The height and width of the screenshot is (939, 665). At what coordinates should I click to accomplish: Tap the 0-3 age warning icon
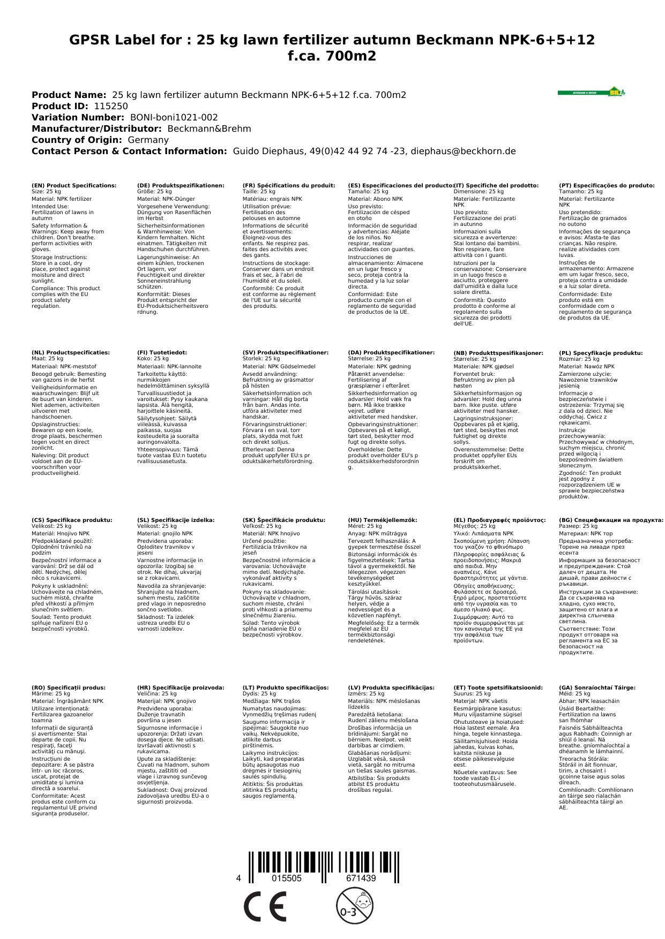point(354,906)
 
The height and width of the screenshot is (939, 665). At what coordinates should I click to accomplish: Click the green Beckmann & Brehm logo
point(591,92)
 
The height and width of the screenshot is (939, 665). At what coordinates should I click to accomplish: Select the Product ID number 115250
point(111,106)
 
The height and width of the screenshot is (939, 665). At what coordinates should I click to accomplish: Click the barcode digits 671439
point(361,879)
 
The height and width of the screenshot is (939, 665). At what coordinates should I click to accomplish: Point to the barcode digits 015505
point(287,879)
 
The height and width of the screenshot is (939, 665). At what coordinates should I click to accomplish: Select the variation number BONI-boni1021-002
point(174,117)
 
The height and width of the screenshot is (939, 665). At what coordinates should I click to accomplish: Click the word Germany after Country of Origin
point(148,140)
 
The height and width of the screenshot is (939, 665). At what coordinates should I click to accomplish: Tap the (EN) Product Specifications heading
point(74,185)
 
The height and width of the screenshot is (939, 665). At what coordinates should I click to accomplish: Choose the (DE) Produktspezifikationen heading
point(181,185)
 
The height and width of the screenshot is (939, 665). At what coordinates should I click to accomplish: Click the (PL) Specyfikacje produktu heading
point(601,353)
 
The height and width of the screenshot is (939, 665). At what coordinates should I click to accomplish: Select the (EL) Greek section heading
point(499,520)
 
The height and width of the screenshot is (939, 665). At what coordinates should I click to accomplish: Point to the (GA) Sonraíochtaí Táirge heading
point(597,687)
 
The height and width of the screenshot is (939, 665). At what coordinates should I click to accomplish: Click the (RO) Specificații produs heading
point(69,687)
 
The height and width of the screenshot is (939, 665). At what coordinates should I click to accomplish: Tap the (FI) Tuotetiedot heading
point(162,353)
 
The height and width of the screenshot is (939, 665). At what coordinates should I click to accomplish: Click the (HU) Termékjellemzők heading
point(382,520)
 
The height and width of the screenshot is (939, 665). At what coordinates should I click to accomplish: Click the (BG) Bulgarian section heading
point(611,520)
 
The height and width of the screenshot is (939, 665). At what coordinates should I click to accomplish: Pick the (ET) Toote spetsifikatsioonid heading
point(498,687)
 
